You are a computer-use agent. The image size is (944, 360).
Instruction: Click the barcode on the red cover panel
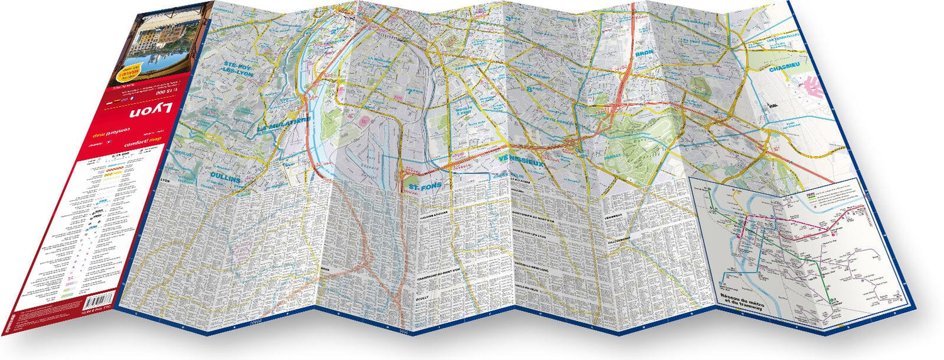click(98, 301)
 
